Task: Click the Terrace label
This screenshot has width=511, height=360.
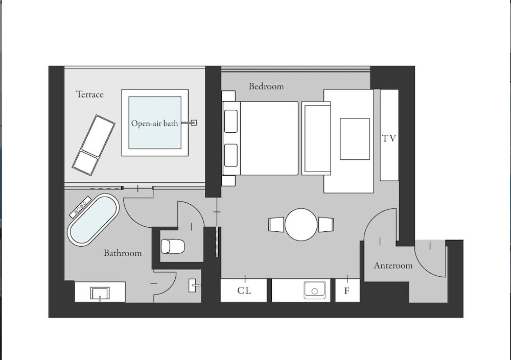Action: tap(89, 94)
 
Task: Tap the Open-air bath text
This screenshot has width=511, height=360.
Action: tap(154, 123)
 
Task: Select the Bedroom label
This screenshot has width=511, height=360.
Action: tap(266, 86)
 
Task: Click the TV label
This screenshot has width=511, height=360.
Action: tap(389, 138)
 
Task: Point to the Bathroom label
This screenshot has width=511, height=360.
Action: tap(123, 253)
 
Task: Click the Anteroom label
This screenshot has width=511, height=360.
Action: tap(393, 266)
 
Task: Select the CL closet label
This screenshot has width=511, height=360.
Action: tap(244, 290)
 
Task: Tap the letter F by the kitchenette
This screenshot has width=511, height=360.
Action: tap(347, 291)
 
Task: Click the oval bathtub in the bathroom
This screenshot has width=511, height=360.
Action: tap(93, 220)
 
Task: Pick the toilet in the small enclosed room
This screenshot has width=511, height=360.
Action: tap(173, 246)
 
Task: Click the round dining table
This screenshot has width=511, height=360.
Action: tap(301, 225)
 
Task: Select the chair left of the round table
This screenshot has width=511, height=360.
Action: tap(276, 225)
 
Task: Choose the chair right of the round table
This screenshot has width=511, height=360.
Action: tap(326, 225)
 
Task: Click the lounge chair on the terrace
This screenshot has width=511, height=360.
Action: tap(94, 146)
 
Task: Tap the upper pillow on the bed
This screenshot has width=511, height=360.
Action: tap(231, 121)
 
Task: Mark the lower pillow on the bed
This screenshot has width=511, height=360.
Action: tap(231, 155)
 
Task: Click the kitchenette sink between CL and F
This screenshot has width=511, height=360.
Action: tap(314, 290)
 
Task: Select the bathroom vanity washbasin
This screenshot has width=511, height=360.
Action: tap(100, 293)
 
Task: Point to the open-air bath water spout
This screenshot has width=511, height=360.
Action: tap(190, 123)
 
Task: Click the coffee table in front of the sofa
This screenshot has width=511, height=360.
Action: tap(355, 139)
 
